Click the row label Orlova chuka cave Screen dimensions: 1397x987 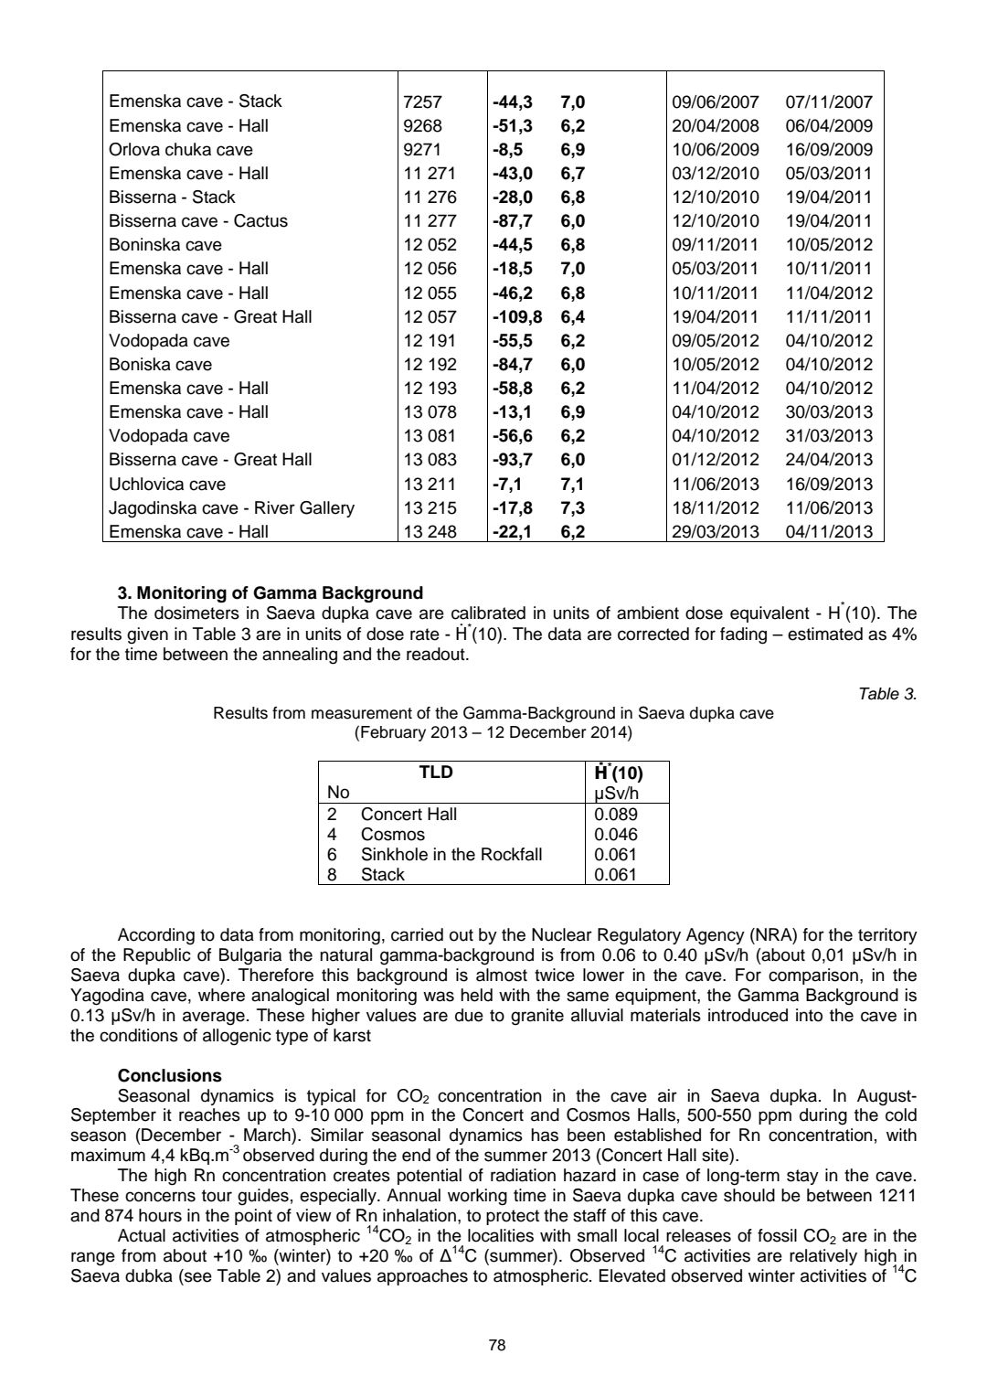coord(180,150)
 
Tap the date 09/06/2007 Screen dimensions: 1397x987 coord(715,102)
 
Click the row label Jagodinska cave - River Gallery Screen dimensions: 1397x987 coord(231,508)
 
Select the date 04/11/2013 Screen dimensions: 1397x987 coord(829,532)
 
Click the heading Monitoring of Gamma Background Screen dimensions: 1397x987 coord(271,592)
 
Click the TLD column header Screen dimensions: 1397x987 coord(435,773)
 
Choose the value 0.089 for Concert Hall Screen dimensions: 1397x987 coord(616,815)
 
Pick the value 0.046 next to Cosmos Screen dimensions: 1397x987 coord(616,835)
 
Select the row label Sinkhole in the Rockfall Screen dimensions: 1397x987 coord(451,855)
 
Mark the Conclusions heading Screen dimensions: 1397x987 coord(170,1076)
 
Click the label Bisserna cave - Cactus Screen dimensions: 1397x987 coord(197,221)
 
